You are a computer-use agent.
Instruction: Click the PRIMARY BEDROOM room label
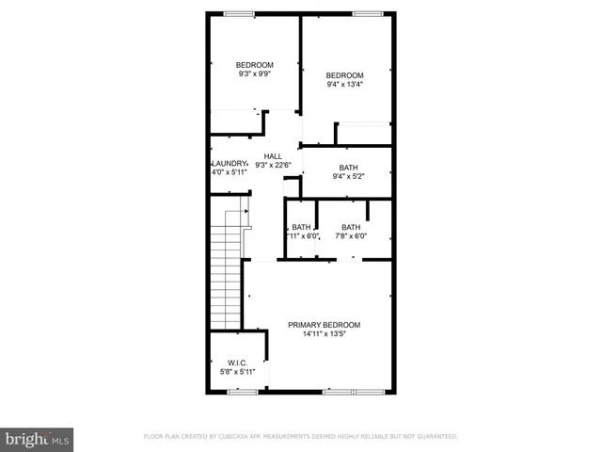(x=324, y=325)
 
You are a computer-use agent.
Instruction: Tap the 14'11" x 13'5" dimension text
(x=324, y=334)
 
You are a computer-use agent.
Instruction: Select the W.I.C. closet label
(x=237, y=363)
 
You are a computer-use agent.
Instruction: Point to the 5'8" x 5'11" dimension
(x=237, y=372)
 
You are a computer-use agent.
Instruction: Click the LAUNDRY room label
(x=229, y=163)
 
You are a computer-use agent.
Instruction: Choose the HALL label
(x=272, y=156)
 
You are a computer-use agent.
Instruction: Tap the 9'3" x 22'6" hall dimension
(x=272, y=166)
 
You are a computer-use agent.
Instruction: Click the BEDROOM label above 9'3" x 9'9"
(x=254, y=65)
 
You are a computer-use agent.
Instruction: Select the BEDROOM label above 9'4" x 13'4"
(x=344, y=75)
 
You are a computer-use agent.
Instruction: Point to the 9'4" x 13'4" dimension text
(x=344, y=85)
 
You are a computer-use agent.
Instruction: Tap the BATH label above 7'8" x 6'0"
(x=350, y=227)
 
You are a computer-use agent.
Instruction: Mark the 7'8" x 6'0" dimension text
(x=350, y=236)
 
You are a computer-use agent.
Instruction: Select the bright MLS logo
(x=37, y=438)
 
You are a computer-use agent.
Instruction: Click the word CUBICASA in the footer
(x=240, y=437)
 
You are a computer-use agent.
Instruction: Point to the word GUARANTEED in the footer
(x=436, y=437)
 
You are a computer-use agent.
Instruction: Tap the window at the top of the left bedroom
(x=239, y=13)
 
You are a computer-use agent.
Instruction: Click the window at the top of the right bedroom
(x=368, y=13)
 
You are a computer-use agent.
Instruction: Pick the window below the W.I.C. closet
(x=242, y=391)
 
